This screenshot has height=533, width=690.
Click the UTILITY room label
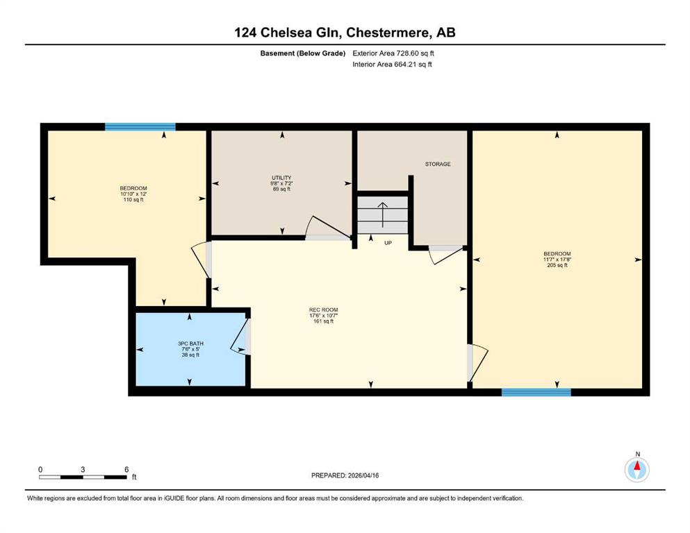click(x=281, y=178)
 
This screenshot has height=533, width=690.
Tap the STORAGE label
click(x=437, y=164)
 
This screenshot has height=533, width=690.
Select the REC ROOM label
click(x=323, y=310)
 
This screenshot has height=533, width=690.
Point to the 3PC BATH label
click(x=190, y=344)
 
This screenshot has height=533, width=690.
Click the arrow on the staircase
click(x=382, y=214)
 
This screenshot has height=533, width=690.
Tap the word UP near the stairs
click(x=388, y=242)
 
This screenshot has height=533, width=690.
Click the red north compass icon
click(x=636, y=470)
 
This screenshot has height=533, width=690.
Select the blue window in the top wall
click(x=140, y=127)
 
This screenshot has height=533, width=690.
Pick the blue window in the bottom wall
click(x=536, y=392)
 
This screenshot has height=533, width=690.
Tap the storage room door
click(x=446, y=255)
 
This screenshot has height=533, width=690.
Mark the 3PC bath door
click(x=240, y=336)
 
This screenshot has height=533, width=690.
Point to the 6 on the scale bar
click(x=126, y=469)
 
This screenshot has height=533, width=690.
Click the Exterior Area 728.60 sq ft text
click(x=393, y=53)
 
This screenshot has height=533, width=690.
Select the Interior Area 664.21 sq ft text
click(x=392, y=64)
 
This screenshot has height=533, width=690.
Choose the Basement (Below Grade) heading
click(x=303, y=53)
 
